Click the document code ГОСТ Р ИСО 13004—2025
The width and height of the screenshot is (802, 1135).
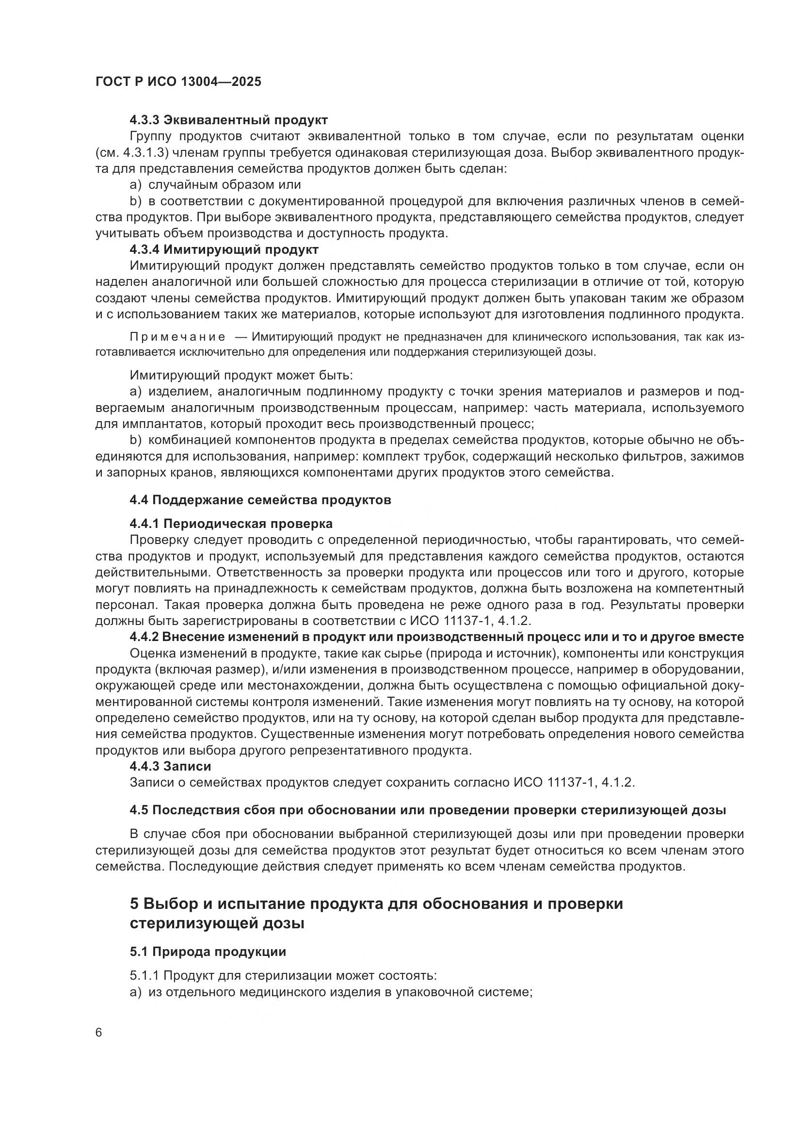click(x=178, y=82)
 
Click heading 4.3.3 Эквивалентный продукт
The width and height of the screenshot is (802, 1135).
click(x=229, y=120)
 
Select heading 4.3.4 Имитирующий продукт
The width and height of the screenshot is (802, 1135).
click(x=224, y=249)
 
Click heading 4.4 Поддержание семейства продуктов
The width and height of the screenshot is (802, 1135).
click(x=260, y=500)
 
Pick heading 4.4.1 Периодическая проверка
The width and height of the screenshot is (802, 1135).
click(x=231, y=524)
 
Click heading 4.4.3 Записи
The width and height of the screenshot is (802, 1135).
click(x=170, y=766)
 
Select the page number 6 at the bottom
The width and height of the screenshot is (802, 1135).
click(x=99, y=1033)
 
